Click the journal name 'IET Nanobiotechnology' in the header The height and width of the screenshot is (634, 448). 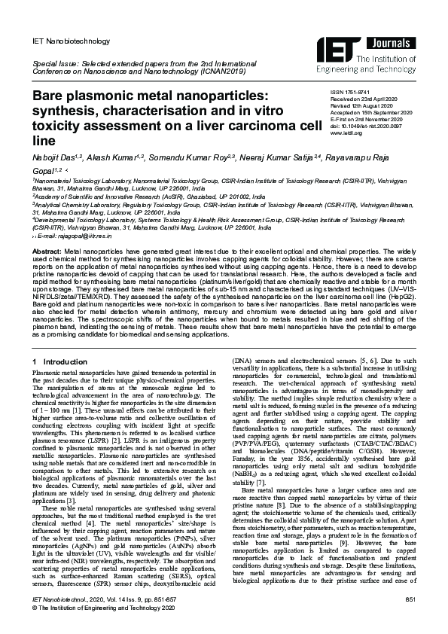(x=69, y=41)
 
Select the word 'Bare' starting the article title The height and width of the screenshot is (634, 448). (x=49, y=97)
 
